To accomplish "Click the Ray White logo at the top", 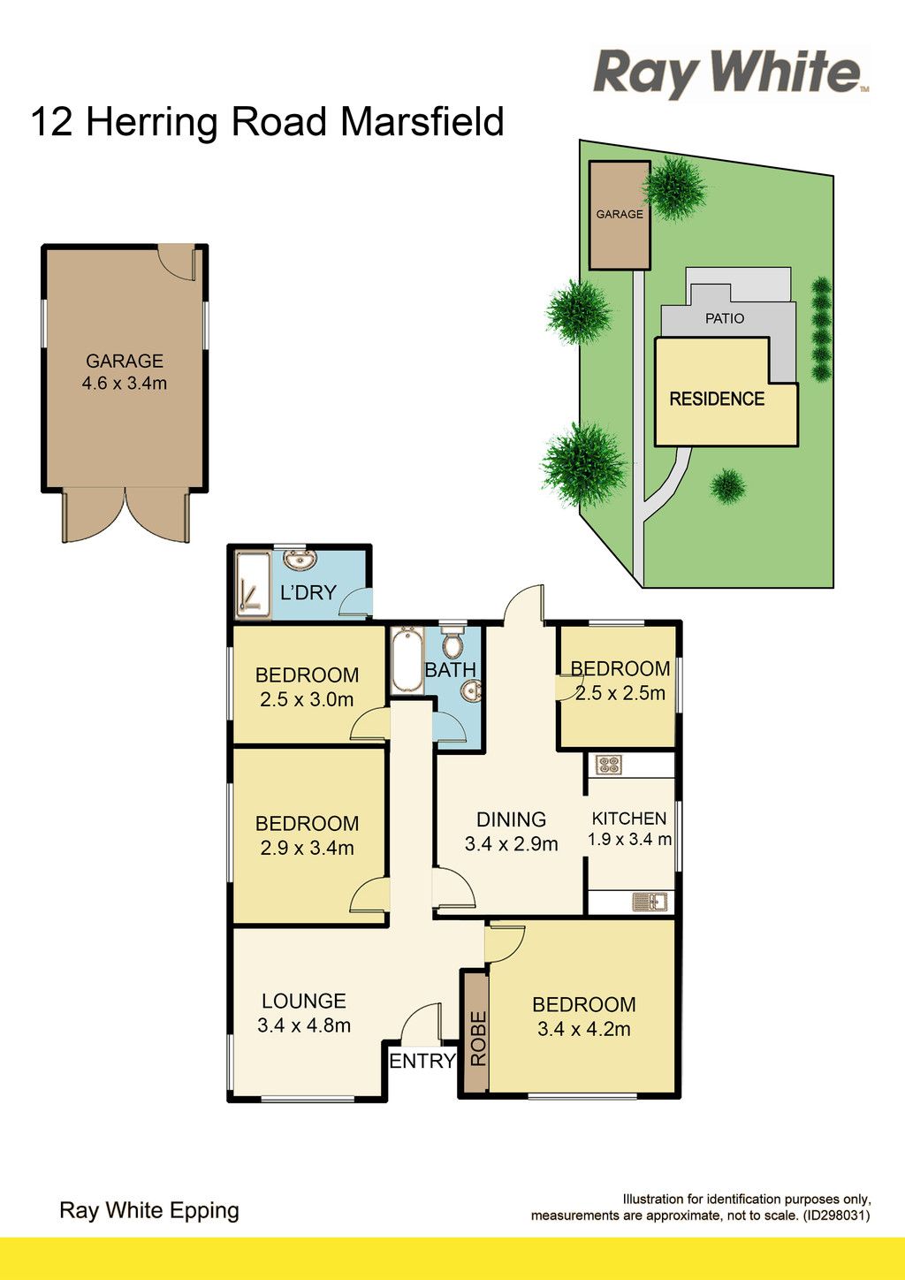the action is [731, 72].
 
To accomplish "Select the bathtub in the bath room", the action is [407, 660].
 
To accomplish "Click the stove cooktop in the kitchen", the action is [608, 766].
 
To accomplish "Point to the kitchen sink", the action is [650, 903].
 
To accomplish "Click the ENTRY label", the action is [422, 1061].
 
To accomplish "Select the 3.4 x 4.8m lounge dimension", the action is [304, 1025].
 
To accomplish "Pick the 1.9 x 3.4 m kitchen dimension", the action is [629, 840].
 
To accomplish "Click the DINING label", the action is [512, 819].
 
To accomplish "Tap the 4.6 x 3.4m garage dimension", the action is [125, 383].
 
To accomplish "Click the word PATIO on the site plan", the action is [725, 318].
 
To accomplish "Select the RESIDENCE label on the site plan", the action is [717, 399].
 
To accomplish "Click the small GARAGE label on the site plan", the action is [620, 214].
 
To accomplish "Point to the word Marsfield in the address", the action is [422, 122].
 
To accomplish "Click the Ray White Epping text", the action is [149, 1212].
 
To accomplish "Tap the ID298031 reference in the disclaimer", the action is [836, 1215].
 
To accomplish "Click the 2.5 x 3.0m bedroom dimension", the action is [307, 699].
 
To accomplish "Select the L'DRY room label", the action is [308, 592].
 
